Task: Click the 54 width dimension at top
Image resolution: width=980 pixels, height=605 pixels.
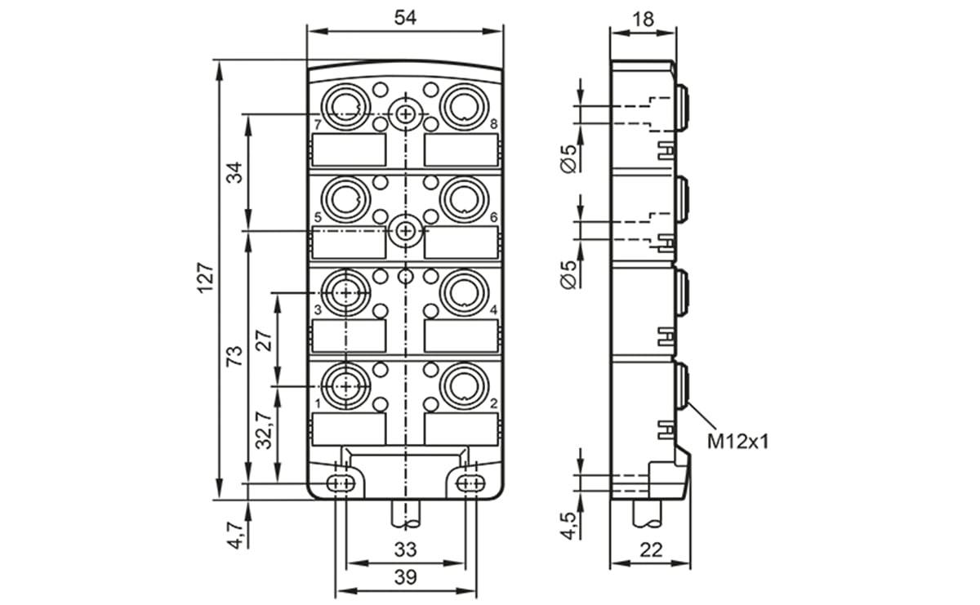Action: pos(405,18)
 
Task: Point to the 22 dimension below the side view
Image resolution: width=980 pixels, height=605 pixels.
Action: pos(650,550)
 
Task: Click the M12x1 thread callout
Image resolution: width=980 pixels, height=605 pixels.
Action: pos(738,443)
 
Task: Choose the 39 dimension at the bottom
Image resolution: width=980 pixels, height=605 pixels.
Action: pos(405,577)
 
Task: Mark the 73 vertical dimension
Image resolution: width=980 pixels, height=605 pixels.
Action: pos(234,355)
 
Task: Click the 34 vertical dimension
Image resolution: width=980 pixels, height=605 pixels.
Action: pos(234,172)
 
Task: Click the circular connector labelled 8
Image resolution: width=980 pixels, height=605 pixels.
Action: pos(461,105)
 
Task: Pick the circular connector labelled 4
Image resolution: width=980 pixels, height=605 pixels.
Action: pos(461,291)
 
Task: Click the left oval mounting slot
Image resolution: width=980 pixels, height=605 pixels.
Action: pos(341,483)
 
